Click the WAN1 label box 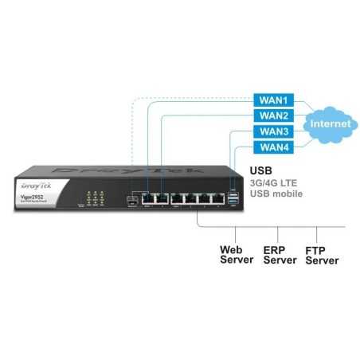[x=273, y=101]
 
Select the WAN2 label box [x=273, y=116]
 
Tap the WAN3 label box [x=273, y=131]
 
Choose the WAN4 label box [x=273, y=147]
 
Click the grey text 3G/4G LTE [x=275, y=182]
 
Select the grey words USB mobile [x=276, y=194]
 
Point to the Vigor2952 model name [x=30, y=197]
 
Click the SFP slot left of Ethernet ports [x=131, y=198]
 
